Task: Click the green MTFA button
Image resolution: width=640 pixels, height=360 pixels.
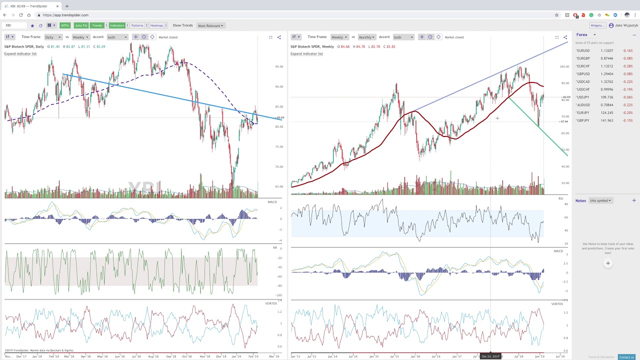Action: point(65,25)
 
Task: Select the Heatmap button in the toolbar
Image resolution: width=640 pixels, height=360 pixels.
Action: point(156,25)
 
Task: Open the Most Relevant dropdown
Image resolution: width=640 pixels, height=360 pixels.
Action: point(210,25)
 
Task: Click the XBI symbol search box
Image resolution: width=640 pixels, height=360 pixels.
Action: point(15,25)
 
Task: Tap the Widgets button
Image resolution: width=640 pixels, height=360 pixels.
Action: point(597,25)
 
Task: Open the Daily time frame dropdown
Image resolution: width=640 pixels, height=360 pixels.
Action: point(52,37)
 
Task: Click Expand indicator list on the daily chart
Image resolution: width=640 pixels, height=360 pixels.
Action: point(20,53)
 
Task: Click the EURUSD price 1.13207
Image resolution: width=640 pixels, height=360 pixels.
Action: point(607,50)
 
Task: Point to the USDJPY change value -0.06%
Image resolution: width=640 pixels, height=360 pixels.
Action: point(627,97)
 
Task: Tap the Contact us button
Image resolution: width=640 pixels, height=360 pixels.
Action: point(626,357)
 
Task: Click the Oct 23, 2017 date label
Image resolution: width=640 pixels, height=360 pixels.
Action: point(490,356)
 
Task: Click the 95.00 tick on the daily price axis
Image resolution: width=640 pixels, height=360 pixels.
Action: point(278,66)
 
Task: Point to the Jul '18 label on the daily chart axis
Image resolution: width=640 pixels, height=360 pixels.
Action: point(136,356)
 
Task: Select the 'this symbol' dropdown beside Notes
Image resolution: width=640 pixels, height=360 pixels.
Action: point(600,200)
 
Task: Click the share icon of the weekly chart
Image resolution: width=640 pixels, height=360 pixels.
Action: point(565,37)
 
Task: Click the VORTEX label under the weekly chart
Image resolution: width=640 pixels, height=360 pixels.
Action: point(557,304)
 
